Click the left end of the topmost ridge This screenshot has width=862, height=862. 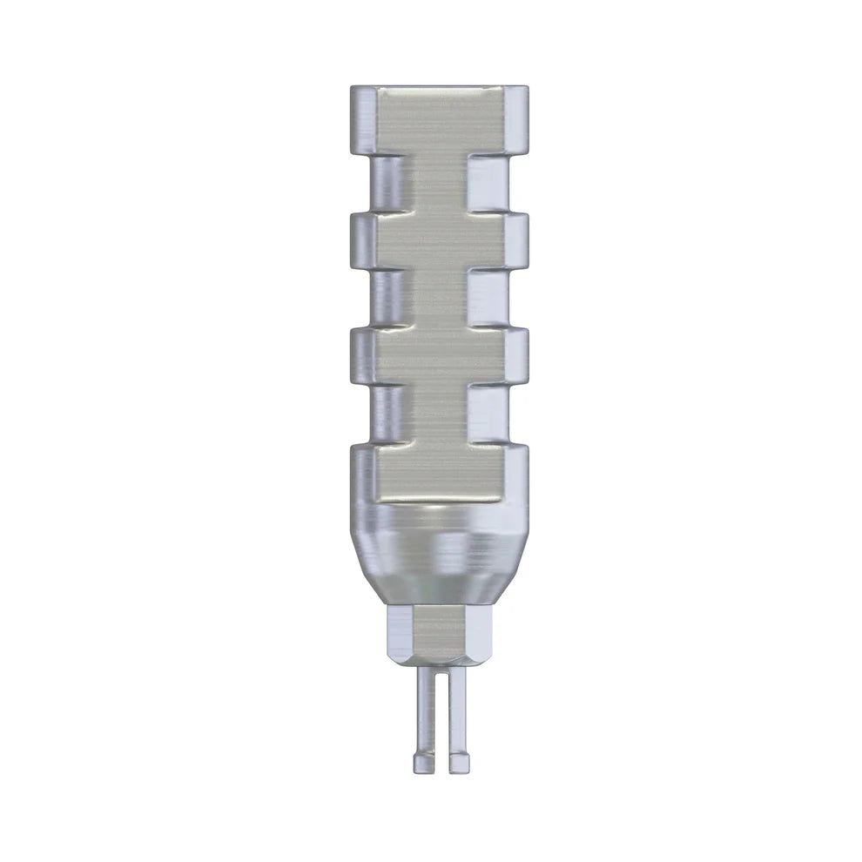(363, 120)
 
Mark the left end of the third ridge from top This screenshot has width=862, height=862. (363, 357)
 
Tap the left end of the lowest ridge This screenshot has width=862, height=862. (363, 475)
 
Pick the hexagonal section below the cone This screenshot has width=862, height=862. (439, 636)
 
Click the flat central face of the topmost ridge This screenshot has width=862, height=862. (439, 120)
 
